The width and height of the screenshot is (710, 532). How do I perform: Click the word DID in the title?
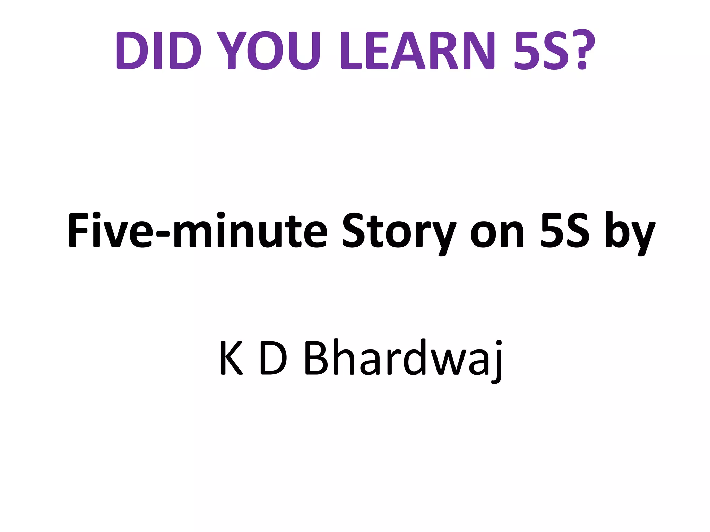(x=159, y=51)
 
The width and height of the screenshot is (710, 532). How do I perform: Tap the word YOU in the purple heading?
(x=269, y=51)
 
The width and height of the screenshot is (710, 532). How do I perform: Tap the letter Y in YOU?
(x=232, y=51)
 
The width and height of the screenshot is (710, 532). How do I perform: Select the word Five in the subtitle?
(x=110, y=230)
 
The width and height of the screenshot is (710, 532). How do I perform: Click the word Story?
(x=399, y=232)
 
